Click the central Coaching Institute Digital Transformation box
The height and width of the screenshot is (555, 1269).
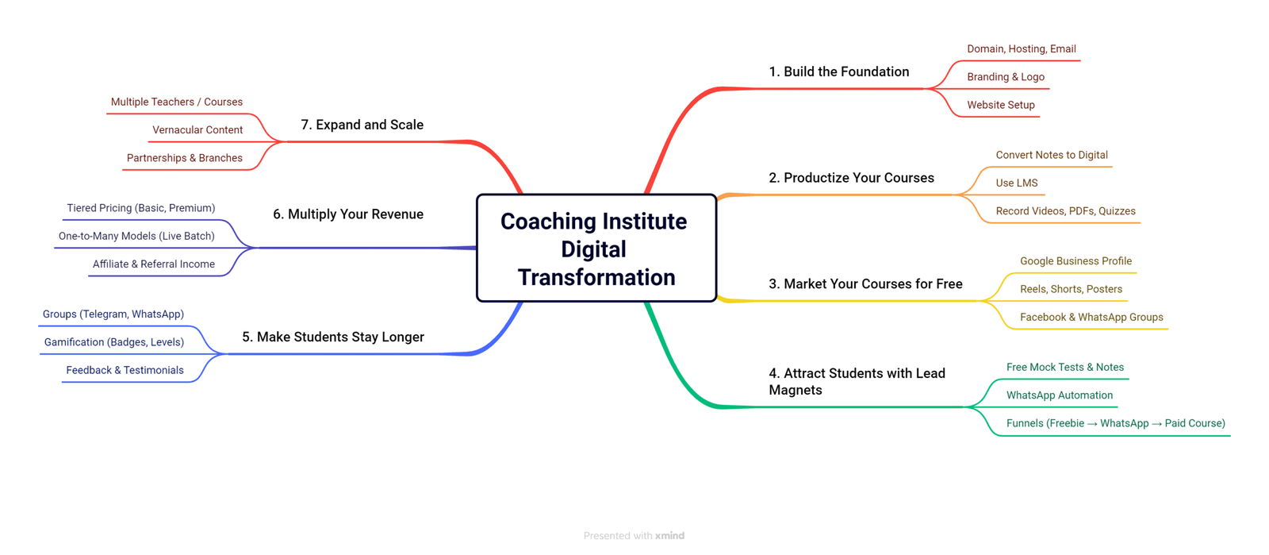[596, 248]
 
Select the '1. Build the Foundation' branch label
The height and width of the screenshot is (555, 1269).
[838, 71]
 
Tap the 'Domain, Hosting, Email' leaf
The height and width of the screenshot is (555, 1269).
[1022, 48]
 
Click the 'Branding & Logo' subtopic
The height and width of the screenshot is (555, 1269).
[1006, 76]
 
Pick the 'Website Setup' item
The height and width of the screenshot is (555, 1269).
[1000, 105]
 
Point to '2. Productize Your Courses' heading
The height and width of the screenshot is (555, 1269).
[851, 177]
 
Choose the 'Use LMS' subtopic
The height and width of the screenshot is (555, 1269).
[1016, 183]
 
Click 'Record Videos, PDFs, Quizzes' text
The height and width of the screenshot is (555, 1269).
[1066, 211]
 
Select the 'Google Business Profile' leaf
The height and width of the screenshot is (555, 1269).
[1075, 260]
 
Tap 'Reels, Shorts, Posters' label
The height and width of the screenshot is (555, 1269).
[1071, 289]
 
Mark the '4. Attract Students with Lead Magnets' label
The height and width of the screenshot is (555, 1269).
[857, 382]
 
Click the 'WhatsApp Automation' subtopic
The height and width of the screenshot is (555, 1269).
[1060, 395]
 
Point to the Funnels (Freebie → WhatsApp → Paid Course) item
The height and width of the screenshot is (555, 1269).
[1115, 423]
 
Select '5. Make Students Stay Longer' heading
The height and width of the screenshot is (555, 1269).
[333, 337]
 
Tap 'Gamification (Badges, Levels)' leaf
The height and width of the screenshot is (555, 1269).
[114, 342]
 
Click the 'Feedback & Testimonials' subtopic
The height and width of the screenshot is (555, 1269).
[125, 370]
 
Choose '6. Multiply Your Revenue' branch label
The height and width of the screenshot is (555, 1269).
[348, 214]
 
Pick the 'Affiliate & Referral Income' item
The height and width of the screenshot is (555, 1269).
[154, 264]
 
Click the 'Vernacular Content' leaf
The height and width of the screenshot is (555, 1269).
[197, 130]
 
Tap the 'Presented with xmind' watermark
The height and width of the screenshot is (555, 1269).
[634, 536]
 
